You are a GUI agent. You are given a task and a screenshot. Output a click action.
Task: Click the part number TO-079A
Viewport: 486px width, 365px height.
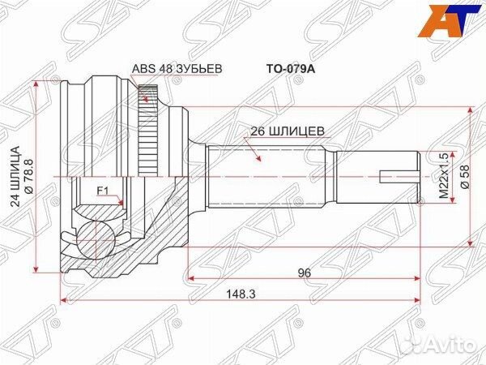[x=285, y=70]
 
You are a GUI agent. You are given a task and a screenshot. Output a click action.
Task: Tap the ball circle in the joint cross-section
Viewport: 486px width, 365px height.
[x=95, y=240]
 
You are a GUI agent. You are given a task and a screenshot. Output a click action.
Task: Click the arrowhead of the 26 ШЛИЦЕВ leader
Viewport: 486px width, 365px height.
[x=258, y=161]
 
